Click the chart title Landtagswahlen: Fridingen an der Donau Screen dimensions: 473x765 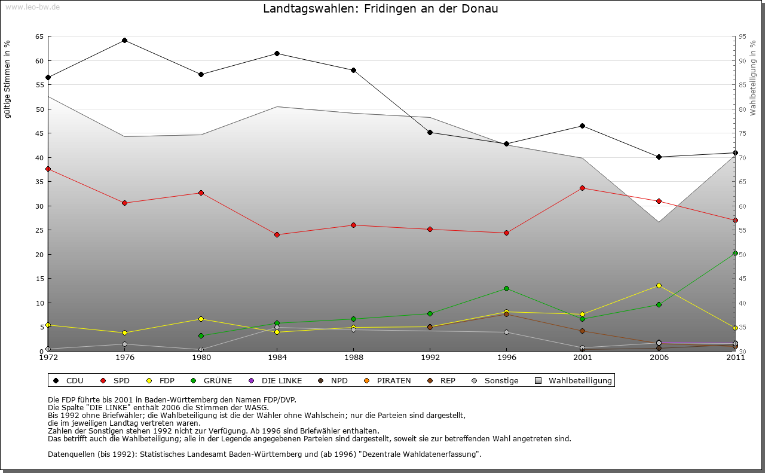(x=381, y=9)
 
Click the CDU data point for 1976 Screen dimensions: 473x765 (x=124, y=41)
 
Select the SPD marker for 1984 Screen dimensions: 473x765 (x=277, y=234)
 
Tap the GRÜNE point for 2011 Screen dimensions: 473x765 (x=735, y=254)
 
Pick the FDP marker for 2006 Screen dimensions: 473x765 (x=659, y=285)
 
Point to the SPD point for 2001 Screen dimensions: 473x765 (x=583, y=188)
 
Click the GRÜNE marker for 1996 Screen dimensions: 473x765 (x=506, y=288)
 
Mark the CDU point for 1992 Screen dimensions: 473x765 (x=430, y=132)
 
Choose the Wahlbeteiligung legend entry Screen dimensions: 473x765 (x=574, y=380)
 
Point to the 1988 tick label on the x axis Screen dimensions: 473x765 (x=354, y=358)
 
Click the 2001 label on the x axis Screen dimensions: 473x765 (x=583, y=358)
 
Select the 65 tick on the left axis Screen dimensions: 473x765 (x=39, y=36)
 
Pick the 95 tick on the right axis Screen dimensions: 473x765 (x=742, y=36)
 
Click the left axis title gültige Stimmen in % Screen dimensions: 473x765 (x=8, y=79)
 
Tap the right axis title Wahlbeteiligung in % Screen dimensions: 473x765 (x=753, y=78)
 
